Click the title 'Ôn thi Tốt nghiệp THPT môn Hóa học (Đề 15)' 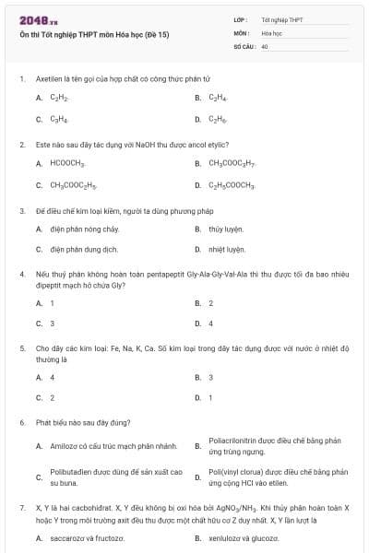[93, 34]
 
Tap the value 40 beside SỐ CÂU [265, 45]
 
